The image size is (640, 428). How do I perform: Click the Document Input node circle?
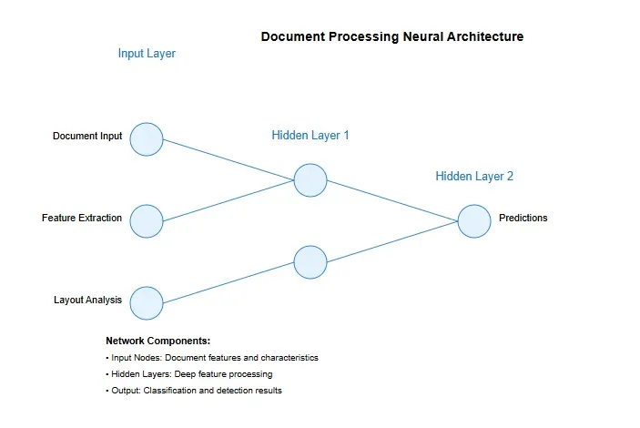point(147,139)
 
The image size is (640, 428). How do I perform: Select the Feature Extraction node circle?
point(147,220)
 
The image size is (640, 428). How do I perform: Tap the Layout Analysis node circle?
point(147,303)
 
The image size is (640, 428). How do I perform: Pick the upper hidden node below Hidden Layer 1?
point(310,180)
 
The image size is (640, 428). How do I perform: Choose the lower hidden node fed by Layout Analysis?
point(310,262)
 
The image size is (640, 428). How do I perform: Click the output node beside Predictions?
point(474,221)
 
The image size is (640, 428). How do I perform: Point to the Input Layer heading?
point(147,54)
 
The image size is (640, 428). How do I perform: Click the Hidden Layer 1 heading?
point(310,136)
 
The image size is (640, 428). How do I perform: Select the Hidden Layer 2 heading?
point(474,177)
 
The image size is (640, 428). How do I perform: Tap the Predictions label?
point(523,219)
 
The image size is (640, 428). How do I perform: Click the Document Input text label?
point(87,137)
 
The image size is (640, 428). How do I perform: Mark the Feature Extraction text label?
point(82,219)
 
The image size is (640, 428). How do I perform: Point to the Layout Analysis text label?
point(87,300)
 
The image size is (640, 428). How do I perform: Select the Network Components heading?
point(158,341)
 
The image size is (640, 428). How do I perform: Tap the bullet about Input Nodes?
point(212,358)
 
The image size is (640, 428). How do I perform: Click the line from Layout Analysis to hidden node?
point(228,283)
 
